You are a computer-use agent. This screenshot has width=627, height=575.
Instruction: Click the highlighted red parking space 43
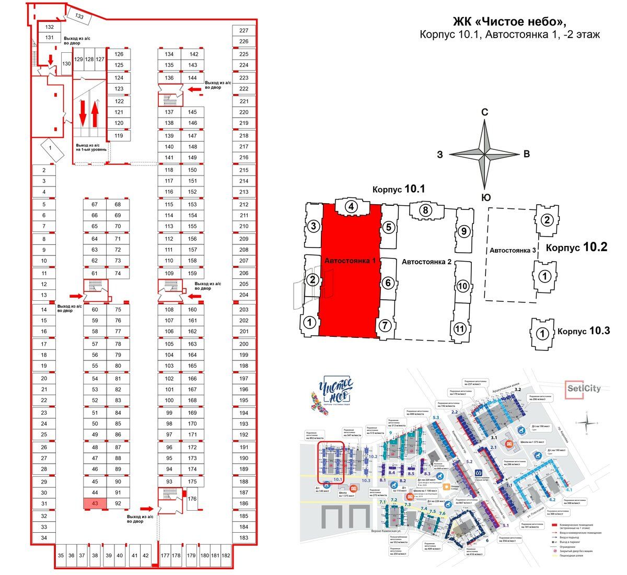(95, 503)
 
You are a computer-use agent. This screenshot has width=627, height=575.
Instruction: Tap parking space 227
(244, 31)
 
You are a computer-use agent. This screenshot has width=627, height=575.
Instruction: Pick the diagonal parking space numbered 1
(50, 148)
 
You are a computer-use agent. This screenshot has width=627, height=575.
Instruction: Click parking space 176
(192, 499)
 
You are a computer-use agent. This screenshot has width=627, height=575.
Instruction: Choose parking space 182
(226, 556)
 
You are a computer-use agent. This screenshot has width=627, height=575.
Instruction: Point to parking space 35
(61, 556)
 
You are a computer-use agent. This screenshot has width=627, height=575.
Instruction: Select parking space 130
(66, 64)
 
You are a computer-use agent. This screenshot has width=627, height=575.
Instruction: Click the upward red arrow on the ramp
(95, 115)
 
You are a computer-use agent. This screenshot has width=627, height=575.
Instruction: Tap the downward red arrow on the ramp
(83, 115)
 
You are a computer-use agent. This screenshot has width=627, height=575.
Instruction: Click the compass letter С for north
(485, 112)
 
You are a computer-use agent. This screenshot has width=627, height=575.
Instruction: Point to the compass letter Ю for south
(485, 197)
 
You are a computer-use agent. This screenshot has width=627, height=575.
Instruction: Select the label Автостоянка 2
(426, 262)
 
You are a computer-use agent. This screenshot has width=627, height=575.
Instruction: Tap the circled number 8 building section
(426, 211)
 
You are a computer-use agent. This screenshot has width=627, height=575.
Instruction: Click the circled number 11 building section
(460, 329)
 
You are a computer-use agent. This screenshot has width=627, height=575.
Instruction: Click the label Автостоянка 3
(513, 251)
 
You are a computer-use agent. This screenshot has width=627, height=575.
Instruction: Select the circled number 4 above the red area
(352, 207)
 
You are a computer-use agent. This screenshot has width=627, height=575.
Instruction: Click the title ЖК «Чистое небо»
(509, 21)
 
